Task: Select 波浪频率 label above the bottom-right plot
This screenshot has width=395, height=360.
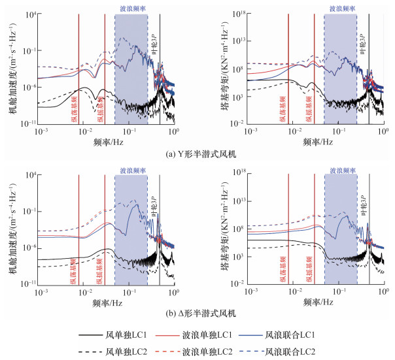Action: point(341,171)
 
